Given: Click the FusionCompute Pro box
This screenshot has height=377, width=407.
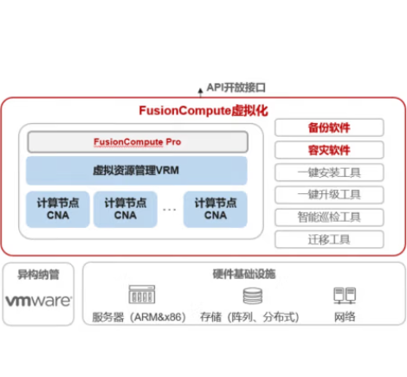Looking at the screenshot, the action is click(x=138, y=142).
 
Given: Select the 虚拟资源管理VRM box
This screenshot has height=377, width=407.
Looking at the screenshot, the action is click(x=137, y=171).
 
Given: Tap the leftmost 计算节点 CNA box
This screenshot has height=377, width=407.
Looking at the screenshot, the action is click(x=58, y=209).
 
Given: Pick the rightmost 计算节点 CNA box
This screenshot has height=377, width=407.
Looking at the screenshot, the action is click(x=216, y=209).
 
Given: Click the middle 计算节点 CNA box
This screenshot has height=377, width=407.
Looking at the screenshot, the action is click(x=126, y=209).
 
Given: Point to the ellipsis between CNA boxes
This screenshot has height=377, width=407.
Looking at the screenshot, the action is click(x=170, y=210).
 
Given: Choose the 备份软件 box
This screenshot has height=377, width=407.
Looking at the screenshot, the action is click(x=329, y=127).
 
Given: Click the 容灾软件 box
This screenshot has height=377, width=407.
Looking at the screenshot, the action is click(x=329, y=150).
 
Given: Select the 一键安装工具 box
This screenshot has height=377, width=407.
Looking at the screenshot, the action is click(x=329, y=172).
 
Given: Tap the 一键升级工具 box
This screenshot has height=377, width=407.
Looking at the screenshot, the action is click(x=329, y=195).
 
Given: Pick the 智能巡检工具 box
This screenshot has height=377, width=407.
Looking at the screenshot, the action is click(x=329, y=217).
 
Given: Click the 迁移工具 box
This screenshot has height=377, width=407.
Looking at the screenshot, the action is click(x=329, y=239).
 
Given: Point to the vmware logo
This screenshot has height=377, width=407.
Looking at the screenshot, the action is click(x=38, y=301).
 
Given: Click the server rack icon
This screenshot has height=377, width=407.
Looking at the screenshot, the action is click(x=142, y=295).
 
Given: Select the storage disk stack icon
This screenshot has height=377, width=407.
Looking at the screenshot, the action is click(x=253, y=296).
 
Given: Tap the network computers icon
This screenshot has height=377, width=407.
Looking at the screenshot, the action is click(x=345, y=296).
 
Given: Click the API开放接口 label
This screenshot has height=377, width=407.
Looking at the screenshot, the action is click(x=236, y=88).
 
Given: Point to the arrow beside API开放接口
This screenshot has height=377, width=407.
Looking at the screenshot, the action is click(x=200, y=93).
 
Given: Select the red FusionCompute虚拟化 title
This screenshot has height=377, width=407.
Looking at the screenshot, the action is click(x=203, y=111).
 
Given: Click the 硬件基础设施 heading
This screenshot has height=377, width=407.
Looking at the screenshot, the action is click(x=244, y=274).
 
